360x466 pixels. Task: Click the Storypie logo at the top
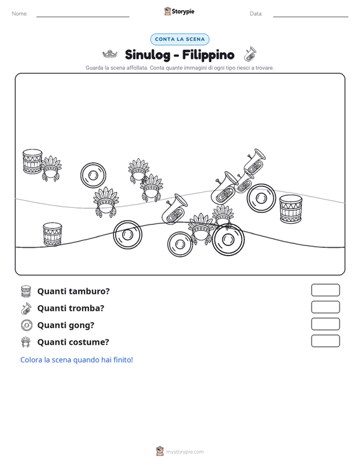pos(179,11)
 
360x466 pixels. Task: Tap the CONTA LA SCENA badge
pos(180,39)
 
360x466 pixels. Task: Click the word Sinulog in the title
pos(148,55)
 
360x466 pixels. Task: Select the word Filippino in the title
pos(208,55)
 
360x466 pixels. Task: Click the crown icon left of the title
pos(109,54)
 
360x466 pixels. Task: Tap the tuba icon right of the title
pos(250,54)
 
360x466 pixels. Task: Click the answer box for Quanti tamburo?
pos(325,290)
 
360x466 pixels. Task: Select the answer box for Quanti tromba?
pos(325,307)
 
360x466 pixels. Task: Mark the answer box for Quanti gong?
pos(325,324)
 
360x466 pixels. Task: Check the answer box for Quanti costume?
pos(325,341)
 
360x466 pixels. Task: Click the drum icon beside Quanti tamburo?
pos(26,291)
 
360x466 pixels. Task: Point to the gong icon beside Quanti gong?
pos(26,325)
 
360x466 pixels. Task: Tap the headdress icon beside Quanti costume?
pos(26,342)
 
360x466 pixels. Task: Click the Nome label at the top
pos(20,14)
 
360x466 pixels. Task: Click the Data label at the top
pos(256,14)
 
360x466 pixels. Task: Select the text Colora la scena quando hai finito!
pos(77,360)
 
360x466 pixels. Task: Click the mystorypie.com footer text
pos(185,452)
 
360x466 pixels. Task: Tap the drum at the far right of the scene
pos(291,209)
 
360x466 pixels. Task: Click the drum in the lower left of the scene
pos(52,234)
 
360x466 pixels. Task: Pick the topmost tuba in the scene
pos(254,163)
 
